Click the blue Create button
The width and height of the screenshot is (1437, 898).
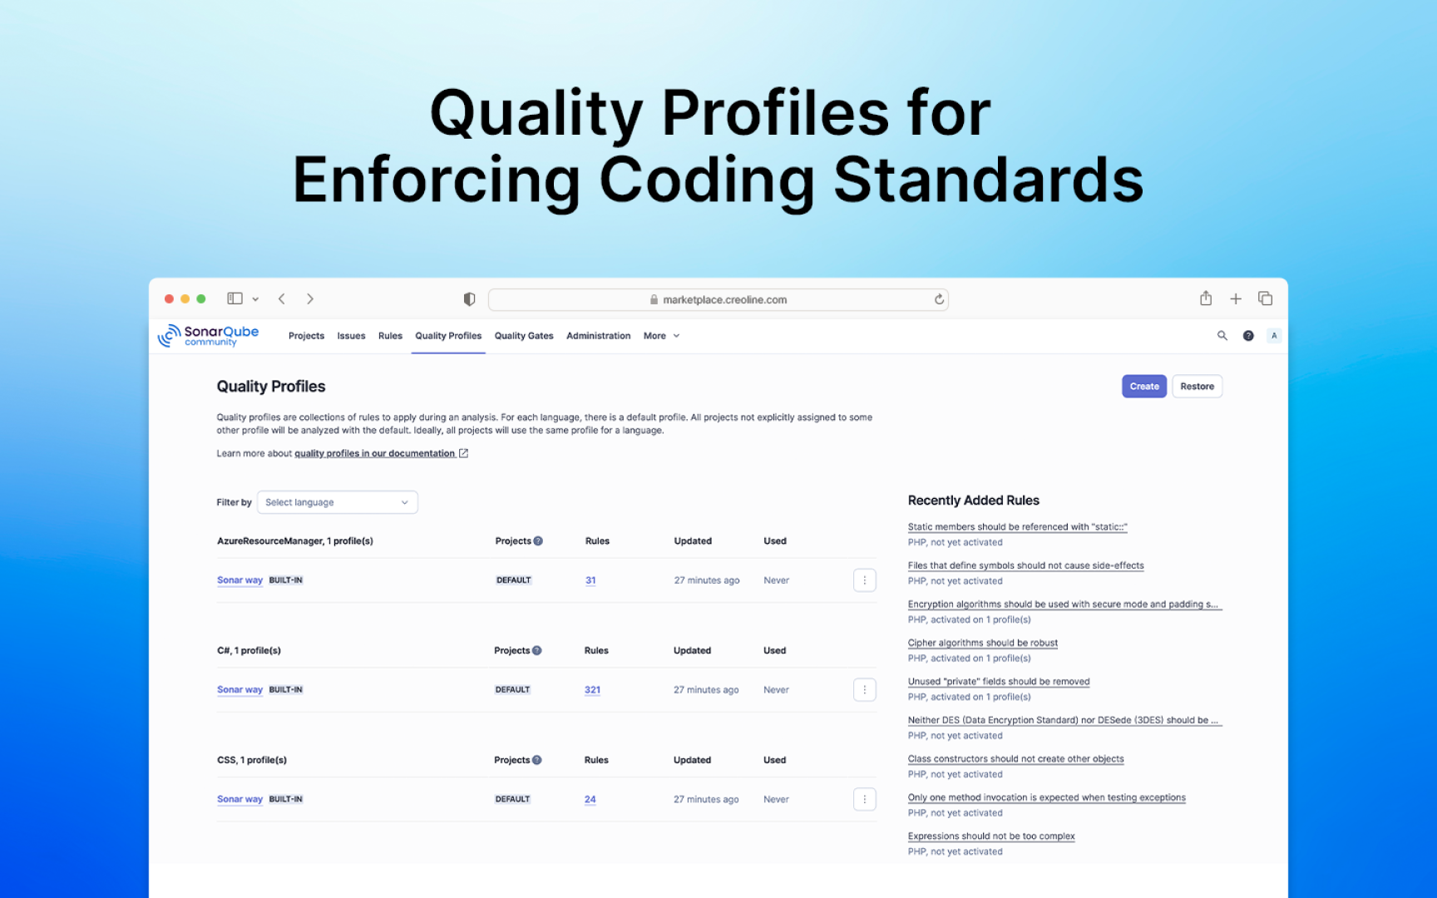point(1143,387)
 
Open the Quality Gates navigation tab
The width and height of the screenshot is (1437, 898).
point(524,336)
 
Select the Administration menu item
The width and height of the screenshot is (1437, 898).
point(598,336)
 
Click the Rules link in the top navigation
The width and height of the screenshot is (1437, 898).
point(390,336)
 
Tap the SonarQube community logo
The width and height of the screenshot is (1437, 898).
point(209,335)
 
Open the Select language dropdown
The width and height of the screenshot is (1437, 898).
point(337,502)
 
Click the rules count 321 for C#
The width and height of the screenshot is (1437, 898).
point(592,690)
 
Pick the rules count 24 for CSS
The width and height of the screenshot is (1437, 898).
point(590,800)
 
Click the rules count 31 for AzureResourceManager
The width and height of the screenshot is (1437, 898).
point(590,580)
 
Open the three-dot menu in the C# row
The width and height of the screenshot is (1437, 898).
point(864,690)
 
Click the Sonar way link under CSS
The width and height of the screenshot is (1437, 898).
point(239,800)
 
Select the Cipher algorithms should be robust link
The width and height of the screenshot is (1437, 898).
point(982,643)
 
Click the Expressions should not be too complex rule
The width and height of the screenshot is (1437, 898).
point(991,836)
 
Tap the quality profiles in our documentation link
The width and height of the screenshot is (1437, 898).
point(375,454)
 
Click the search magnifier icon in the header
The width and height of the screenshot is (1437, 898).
point(1222,336)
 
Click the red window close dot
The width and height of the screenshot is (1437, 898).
point(170,299)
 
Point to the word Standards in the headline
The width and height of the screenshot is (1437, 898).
point(988,180)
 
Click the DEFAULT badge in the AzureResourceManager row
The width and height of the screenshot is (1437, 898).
point(514,580)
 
